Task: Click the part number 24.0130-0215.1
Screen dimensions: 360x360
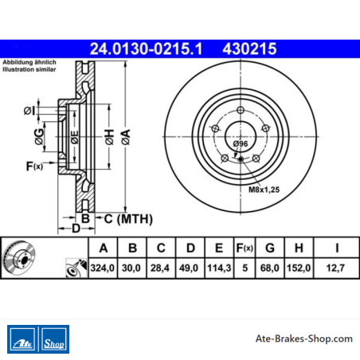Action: coord(146,49)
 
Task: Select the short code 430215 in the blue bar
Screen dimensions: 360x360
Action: coord(249,49)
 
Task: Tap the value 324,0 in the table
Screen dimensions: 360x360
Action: coord(103,268)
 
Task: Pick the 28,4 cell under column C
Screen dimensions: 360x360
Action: coord(160,268)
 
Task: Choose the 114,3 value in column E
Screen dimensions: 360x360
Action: coord(219,268)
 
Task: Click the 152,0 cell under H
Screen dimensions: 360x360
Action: coord(299,268)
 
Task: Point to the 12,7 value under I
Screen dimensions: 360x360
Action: coord(335,268)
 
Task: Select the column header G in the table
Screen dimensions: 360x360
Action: coord(270,248)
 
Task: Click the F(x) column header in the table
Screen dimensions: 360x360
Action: coord(245,248)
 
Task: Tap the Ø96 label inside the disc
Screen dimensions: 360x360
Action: coord(241,143)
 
